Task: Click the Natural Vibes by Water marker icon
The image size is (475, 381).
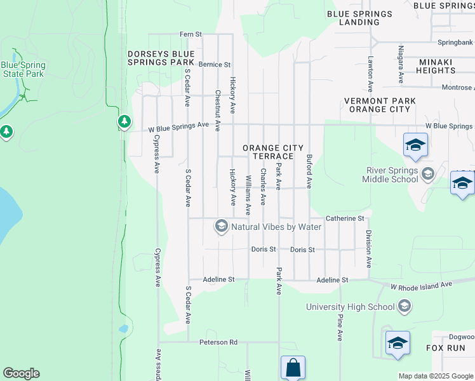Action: coord(221,226)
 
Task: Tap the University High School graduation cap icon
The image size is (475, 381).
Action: coord(404,307)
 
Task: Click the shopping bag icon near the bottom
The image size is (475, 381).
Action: coord(293,368)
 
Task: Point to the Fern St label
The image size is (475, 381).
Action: coord(191,34)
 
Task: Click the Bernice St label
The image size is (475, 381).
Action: coord(214,65)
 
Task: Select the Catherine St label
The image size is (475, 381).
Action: coord(344,218)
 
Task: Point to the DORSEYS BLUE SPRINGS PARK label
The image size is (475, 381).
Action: coord(161,58)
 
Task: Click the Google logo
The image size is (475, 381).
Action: coord(21,373)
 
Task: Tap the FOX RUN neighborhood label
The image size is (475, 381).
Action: coord(446,348)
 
